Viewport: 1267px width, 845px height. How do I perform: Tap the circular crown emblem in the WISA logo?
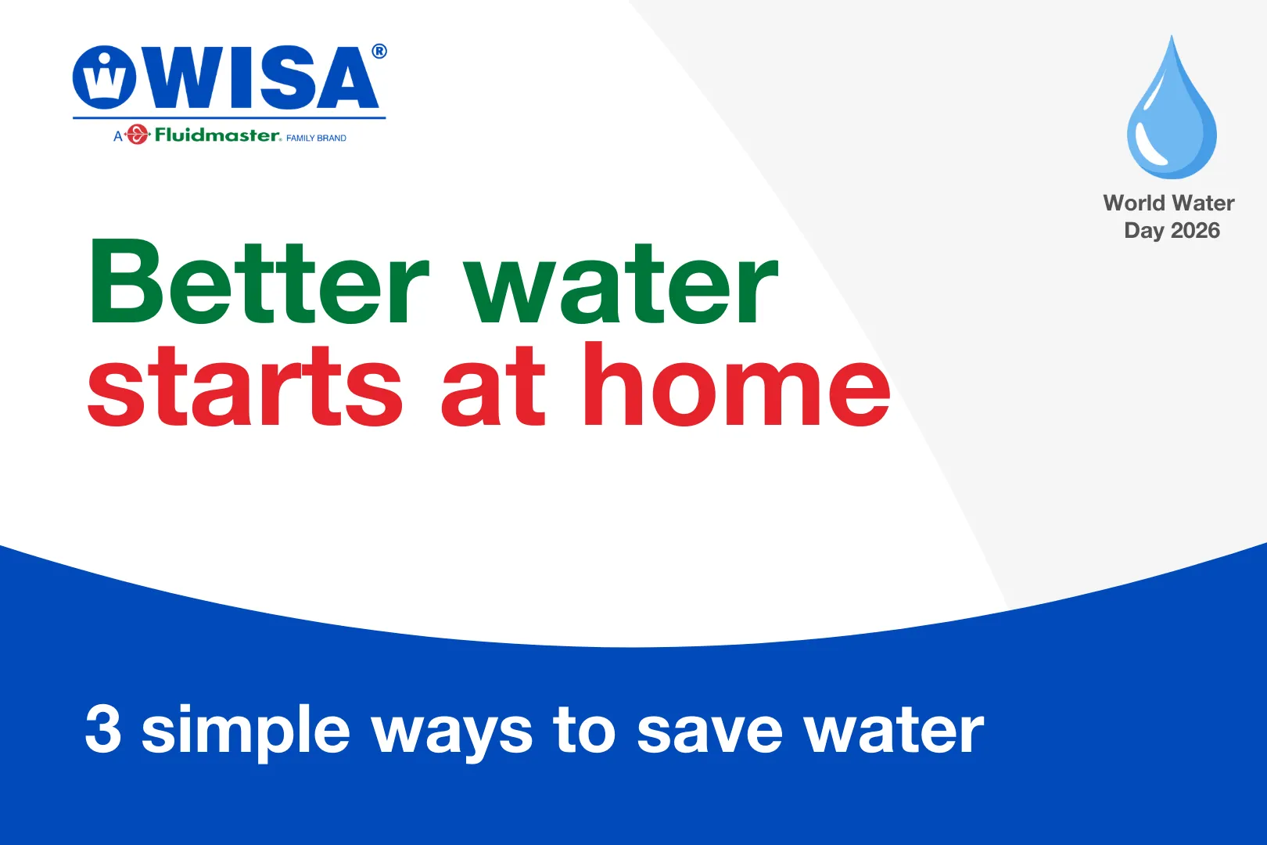click(x=104, y=77)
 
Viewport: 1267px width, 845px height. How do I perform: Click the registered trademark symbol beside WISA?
click(x=379, y=52)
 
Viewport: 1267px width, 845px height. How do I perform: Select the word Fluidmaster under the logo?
click(x=217, y=135)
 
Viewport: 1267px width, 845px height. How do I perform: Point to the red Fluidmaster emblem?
click(x=136, y=135)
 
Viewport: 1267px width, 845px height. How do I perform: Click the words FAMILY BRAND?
click(x=316, y=138)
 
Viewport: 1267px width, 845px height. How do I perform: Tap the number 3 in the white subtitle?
click(x=103, y=729)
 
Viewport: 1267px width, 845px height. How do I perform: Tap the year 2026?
click(x=1195, y=230)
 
